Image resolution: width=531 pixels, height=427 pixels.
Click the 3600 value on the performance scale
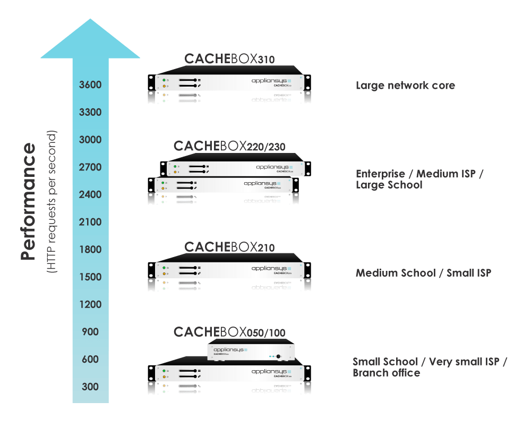coord(90,85)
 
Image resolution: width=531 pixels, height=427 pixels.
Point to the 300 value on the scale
coord(90,387)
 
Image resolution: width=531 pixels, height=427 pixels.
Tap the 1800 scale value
coord(90,250)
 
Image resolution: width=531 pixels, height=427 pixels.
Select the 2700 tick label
coord(90,167)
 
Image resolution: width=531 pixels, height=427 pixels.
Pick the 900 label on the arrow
coord(90,332)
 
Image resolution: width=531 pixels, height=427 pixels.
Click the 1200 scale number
coord(90,304)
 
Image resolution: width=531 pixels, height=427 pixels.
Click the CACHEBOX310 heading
coord(229,59)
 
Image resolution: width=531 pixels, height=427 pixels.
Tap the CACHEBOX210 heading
coord(229,247)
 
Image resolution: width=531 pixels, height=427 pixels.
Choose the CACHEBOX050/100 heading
coord(229,332)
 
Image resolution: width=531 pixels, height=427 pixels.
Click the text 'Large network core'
coord(405,85)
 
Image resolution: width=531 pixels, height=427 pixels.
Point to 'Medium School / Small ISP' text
coord(423,273)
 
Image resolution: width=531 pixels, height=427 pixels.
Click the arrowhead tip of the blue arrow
coord(90,20)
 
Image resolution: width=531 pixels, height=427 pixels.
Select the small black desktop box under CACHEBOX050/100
coord(251,351)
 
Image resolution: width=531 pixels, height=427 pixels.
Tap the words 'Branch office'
coord(386,373)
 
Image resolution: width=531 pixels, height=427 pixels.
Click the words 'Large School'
coord(389,185)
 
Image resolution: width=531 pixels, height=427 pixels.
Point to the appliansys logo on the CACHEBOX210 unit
coord(271,269)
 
